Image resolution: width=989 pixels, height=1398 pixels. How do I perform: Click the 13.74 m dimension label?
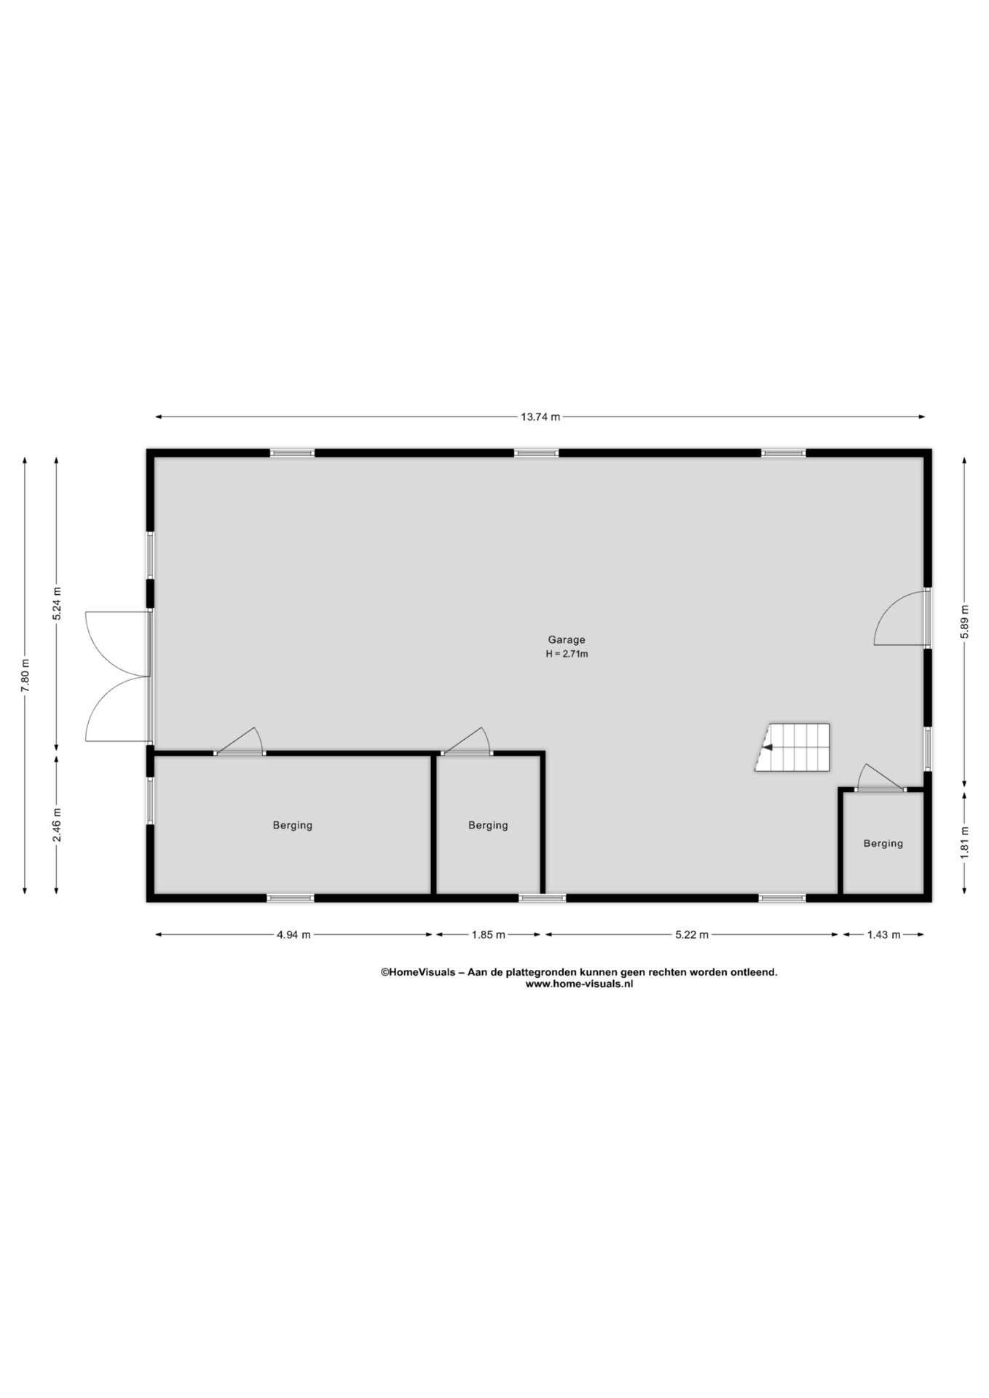[540, 417]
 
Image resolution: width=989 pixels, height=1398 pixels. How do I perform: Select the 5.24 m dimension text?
[57, 603]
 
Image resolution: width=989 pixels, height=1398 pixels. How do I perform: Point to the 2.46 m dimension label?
[57, 825]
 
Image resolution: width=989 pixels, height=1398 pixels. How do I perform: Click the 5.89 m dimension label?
[964, 622]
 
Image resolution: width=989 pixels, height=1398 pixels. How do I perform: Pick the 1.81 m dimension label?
[964, 842]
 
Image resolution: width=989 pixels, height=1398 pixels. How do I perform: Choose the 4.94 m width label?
[293, 935]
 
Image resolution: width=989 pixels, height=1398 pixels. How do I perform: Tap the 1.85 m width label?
[488, 935]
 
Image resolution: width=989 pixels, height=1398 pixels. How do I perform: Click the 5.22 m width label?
[691, 935]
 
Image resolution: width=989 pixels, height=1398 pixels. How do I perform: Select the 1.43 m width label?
[883, 935]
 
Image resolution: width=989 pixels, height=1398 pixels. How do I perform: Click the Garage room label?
[567, 640]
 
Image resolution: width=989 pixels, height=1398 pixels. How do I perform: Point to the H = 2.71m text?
[567, 654]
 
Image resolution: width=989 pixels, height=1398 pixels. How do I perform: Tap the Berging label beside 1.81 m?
[883, 844]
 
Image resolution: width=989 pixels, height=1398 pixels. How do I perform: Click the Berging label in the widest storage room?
[292, 826]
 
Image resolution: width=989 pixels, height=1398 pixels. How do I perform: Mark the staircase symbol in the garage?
[792, 748]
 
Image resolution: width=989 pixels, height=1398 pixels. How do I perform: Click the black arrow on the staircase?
[767, 747]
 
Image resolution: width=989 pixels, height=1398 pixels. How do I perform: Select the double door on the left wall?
[117, 676]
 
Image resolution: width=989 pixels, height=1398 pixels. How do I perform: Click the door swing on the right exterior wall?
[901, 618]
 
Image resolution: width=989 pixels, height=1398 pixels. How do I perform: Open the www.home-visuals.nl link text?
[579, 984]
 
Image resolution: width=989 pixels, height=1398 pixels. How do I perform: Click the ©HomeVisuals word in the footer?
[417, 972]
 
